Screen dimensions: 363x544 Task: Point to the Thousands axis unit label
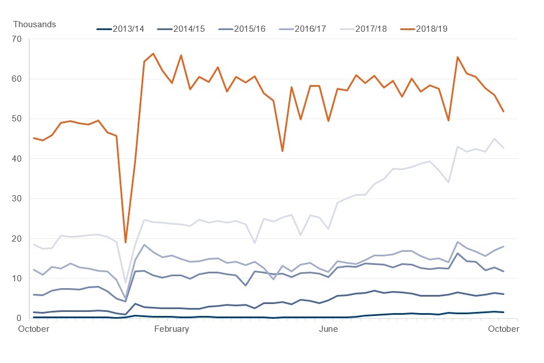pos(35,24)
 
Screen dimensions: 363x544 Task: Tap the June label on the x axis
pos(329,329)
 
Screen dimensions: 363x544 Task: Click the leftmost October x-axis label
pos(33,329)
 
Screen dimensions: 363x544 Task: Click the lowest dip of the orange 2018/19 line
pos(125,242)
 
